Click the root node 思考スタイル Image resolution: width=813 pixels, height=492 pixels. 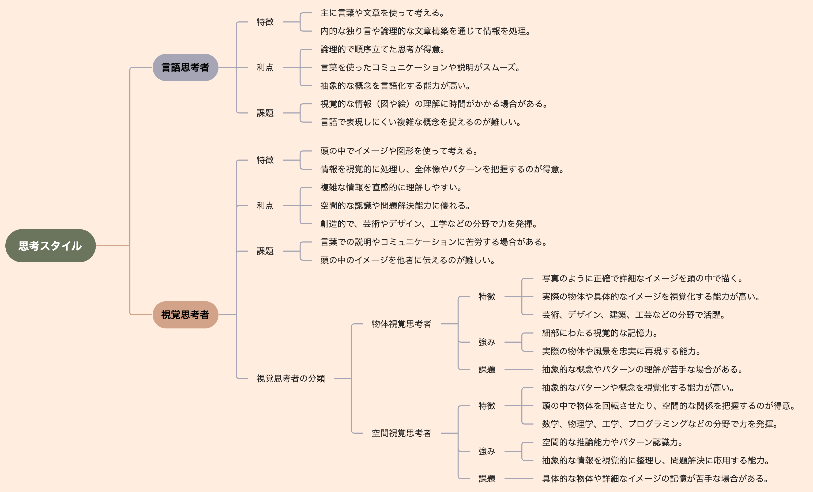click(x=51, y=246)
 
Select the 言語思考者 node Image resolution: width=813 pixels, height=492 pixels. click(x=185, y=68)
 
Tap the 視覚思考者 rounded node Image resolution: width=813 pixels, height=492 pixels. click(x=185, y=315)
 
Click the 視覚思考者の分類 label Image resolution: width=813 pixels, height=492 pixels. click(x=291, y=378)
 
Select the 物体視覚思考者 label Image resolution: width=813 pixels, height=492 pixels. click(x=402, y=324)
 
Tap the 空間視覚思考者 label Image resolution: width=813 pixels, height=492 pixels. click(x=402, y=433)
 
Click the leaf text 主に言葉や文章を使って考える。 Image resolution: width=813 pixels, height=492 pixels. click(x=382, y=13)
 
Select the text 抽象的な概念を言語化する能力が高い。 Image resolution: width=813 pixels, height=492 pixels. click(x=395, y=86)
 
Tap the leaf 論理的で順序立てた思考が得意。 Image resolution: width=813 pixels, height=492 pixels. click(x=382, y=50)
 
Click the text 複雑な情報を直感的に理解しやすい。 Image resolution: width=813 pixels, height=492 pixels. click(x=391, y=187)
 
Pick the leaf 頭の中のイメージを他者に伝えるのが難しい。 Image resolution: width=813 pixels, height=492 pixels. click(x=408, y=260)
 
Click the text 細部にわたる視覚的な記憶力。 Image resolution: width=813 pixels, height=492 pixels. click(x=600, y=333)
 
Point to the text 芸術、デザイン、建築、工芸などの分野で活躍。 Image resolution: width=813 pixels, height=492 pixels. click(x=634, y=315)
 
